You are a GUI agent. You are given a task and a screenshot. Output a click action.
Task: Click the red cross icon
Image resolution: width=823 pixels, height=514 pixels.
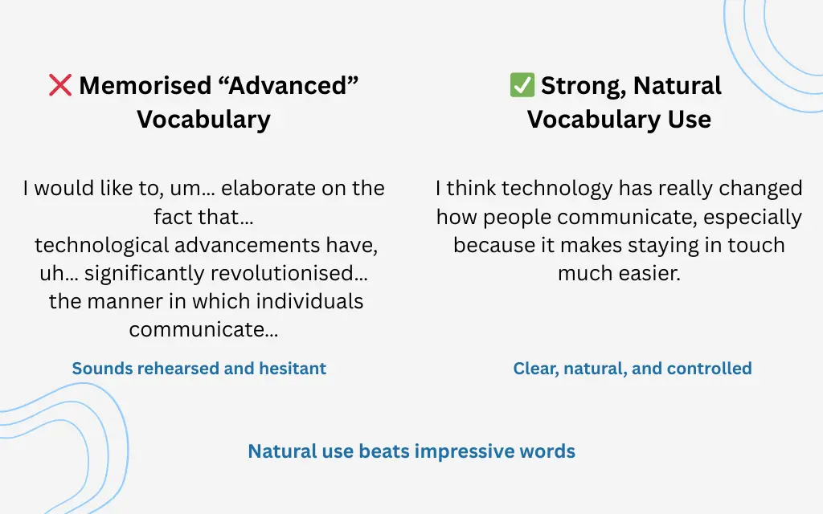60,85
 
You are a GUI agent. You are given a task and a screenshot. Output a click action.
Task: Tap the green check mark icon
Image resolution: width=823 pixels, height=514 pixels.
522,85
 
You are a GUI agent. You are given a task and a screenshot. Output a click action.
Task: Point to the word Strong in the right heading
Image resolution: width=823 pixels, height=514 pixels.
576,85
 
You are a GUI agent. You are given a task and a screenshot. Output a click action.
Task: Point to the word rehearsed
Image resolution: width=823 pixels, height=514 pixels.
180,369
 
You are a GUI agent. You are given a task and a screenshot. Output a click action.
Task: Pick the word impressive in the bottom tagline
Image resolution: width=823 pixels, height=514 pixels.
466,451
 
